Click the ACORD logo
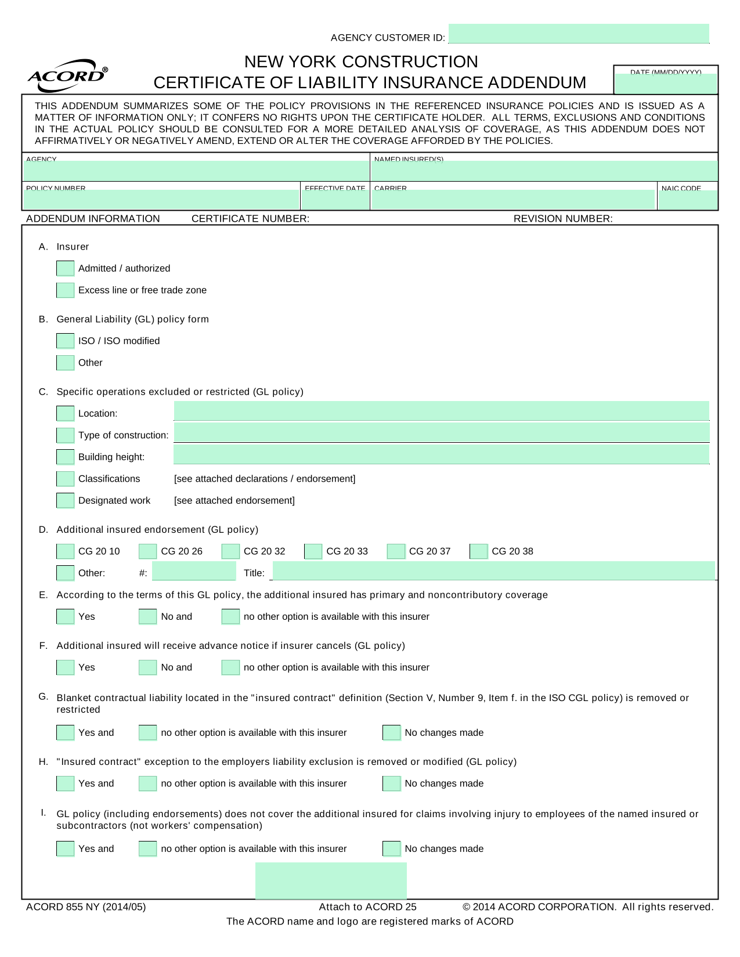click(67, 75)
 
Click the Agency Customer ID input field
click(579, 34)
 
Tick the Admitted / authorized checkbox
click(65, 268)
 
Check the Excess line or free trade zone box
click(65, 290)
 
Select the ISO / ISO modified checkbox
click(65, 341)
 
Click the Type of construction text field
click(441, 432)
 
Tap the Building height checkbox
click(65, 457)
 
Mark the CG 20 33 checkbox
click(313, 551)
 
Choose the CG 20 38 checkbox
click(479, 551)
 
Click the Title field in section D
click(493, 571)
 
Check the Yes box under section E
click(65, 616)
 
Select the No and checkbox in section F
click(148, 667)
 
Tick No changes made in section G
click(392, 732)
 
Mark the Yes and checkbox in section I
click(65, 848)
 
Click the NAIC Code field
click(688, 200)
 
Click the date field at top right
click(666, 84)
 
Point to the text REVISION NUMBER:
click(563, 219)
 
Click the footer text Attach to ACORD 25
click(367, 907)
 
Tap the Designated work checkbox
click(65, 500)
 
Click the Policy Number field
click(161, 200)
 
